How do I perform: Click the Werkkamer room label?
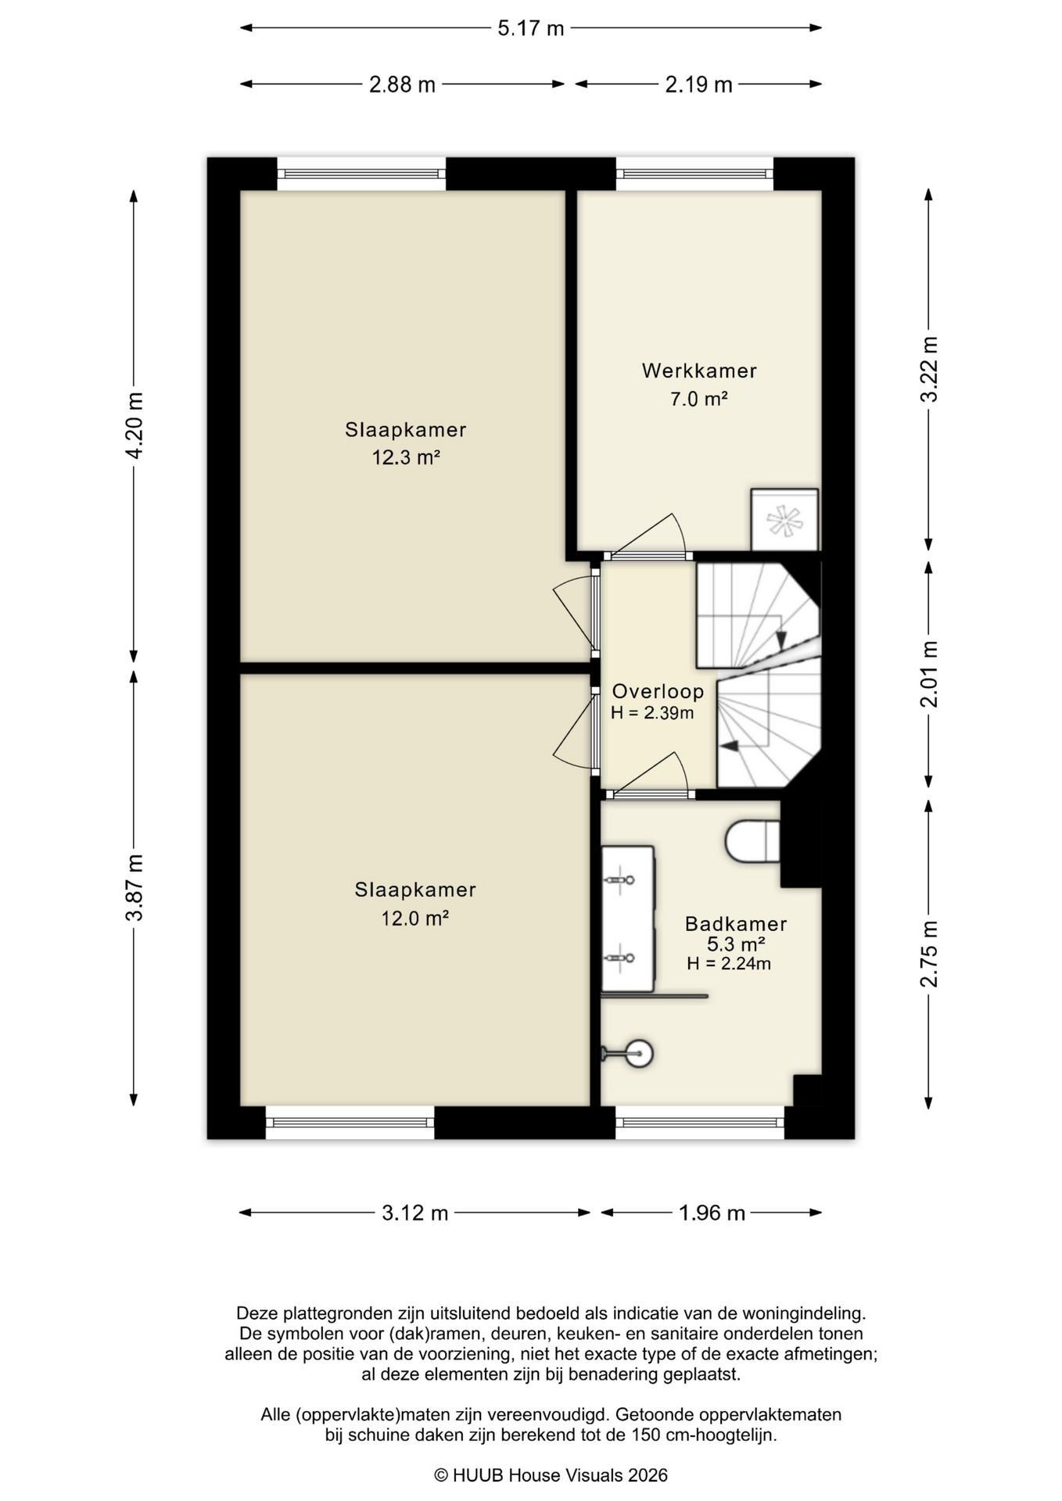click(x=699, y=371)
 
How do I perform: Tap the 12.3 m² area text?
click(x=406, y=457)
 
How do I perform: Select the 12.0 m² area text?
click(x=414, y=918)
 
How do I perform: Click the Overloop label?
click(x=658, y=691)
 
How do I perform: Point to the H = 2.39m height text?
click(x=652, y=713)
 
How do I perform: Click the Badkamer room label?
click(x=736, y=923)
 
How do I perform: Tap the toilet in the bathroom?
click(x=753, y=841)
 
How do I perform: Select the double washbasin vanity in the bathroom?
click(x=628, y=919)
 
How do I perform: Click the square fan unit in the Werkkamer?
click(x=784, y=520)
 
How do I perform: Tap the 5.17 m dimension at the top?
click(x=531, y=28)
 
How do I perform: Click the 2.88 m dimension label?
click(x=402, y=84)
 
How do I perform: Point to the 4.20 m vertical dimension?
click(x=135, y=426)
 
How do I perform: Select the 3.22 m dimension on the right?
click(x=928, y=369)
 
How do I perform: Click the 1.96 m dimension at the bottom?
click(x=712, y=1213)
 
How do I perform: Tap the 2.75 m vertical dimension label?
click(x=928, y=954)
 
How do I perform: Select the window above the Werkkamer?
click(x=694, y=174)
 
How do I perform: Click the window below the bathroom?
click(x=700, y=1123)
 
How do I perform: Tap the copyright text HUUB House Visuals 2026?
click(x=551, y=1474)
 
